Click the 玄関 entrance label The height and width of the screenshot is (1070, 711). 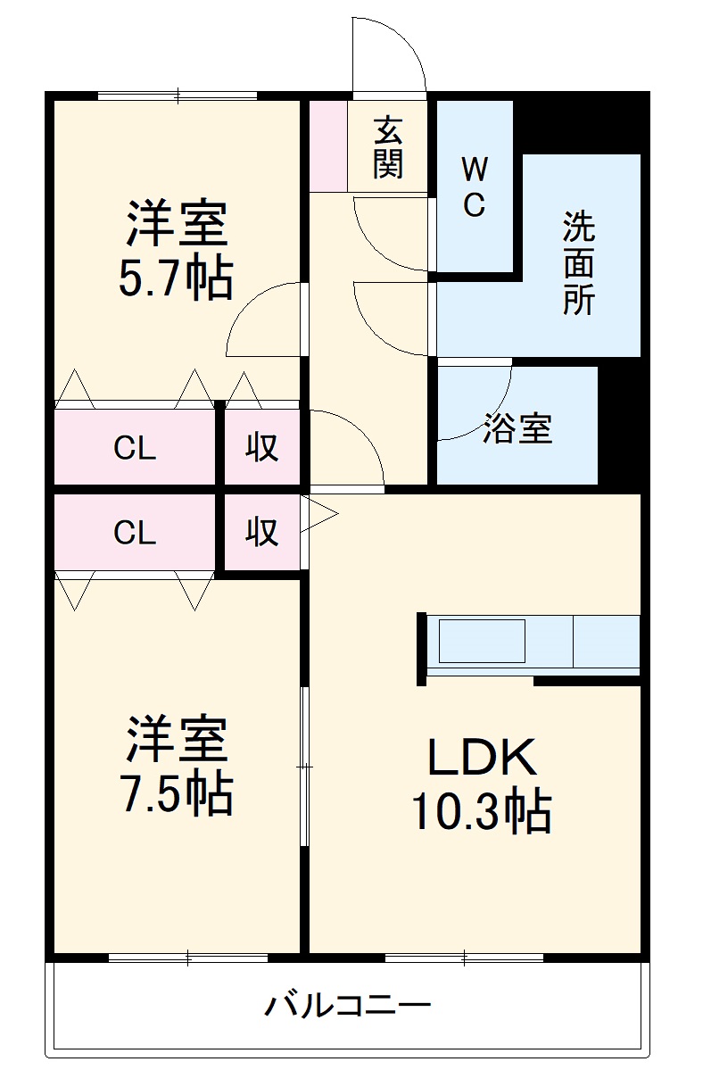point(388,147)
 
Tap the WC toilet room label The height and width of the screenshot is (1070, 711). point(474,186)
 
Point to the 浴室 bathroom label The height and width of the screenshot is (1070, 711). point(517,428)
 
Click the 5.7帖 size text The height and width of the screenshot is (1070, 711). point(176,279)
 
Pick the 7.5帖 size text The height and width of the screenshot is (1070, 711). point(176,791)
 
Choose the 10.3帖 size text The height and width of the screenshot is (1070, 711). point(480,810)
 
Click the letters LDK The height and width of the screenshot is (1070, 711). point(482,758)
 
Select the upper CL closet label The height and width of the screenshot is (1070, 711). point(135,449)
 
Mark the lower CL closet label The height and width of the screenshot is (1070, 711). point(135,533)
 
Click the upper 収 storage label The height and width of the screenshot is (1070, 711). point(262,449)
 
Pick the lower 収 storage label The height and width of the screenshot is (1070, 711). point(262,533)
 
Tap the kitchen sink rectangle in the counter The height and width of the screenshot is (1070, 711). point(481,641)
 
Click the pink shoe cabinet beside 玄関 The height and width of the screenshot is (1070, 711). point(327,146)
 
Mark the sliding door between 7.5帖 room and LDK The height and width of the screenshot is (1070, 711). point(305,766)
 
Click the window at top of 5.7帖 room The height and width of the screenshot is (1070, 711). point(178,95)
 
